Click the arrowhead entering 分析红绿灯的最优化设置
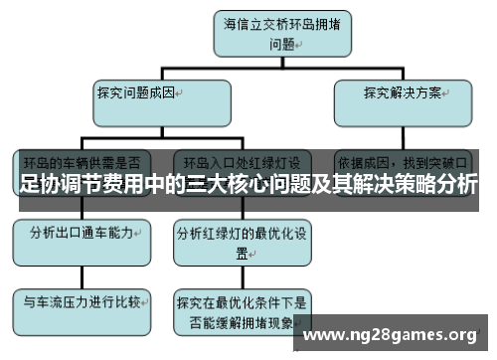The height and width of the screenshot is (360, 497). tap(242, 216)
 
